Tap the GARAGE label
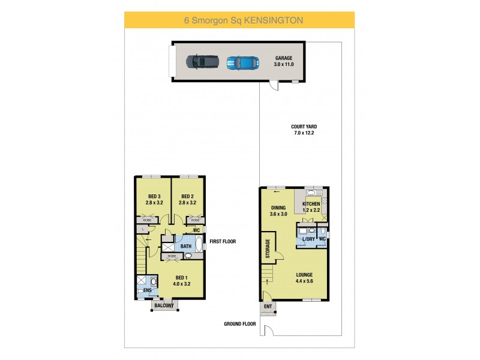[284, 58]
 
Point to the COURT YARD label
[304, 127]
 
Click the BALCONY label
[163, 306]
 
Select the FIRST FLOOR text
[222, 242]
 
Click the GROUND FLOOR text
[240, 324]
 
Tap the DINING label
[278, 208]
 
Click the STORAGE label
[268, 249]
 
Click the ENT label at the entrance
[268, 307]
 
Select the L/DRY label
[309, 239]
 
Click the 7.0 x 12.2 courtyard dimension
[304, 133]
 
